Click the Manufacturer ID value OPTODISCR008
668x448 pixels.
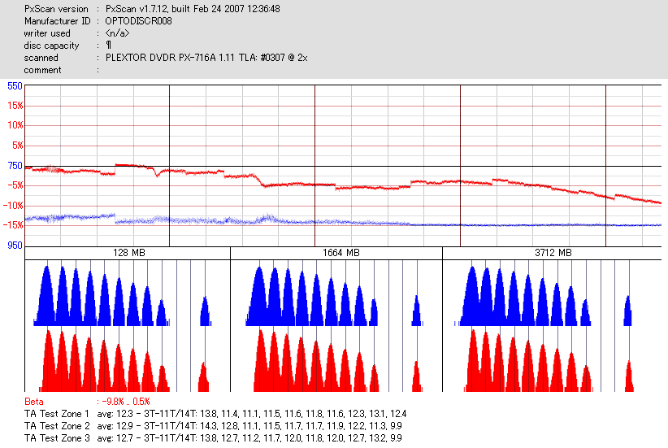coord(138,21)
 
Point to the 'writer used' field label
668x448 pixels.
coord(47,33)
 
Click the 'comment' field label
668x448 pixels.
coord(42,70)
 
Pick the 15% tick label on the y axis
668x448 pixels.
coord(15,106)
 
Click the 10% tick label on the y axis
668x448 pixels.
coord(15,125)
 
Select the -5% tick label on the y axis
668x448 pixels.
coord(15,185)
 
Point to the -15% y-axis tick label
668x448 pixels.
coord(13,225)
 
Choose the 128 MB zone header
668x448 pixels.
coord(128,254)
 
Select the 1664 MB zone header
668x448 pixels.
coord(336,254)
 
